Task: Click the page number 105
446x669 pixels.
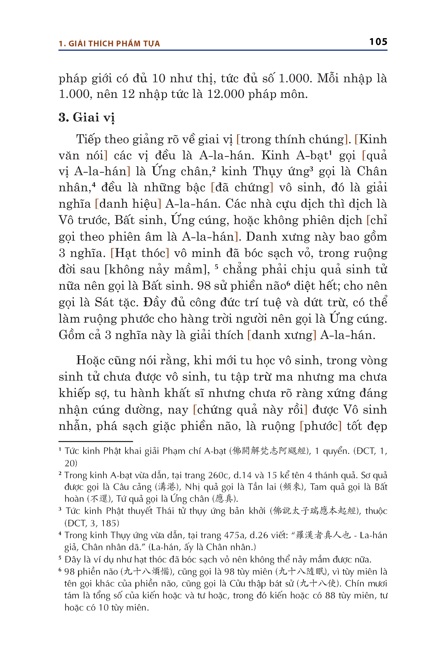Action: pos(378,42)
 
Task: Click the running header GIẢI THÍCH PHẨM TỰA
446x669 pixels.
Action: pos(114,44)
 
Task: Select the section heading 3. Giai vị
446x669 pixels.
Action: pos(86,117)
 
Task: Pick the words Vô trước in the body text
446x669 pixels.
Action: pos(84,220)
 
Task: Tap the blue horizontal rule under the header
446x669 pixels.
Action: pos(223,50)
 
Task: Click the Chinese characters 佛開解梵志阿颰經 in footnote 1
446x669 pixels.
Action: pos(269,451)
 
